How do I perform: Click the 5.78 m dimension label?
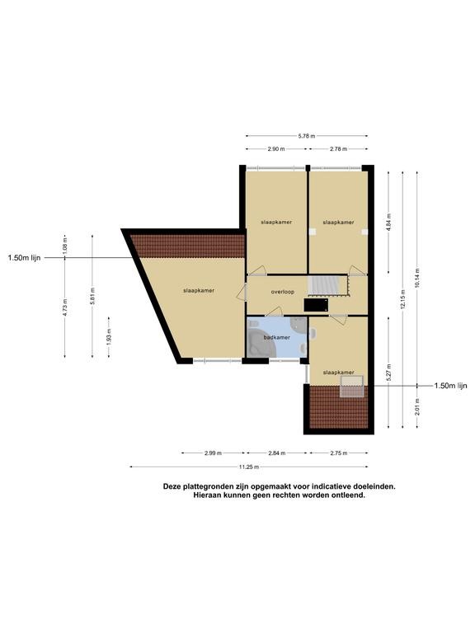307,136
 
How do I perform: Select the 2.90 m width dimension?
276,149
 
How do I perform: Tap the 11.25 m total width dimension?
249,467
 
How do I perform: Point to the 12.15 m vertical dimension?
402,298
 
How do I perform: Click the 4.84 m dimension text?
388,222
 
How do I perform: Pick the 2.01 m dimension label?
417,406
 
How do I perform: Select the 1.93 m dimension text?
109,336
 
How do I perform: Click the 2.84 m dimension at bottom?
277,453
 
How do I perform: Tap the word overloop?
283,292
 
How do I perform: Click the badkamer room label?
277,337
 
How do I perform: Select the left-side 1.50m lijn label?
24,258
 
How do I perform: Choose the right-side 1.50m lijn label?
451,386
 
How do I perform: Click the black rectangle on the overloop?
316,305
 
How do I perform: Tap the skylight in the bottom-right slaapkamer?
352,387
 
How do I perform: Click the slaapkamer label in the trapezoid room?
199,290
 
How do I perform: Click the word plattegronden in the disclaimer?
205,487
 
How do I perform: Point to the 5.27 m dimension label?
388,373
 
